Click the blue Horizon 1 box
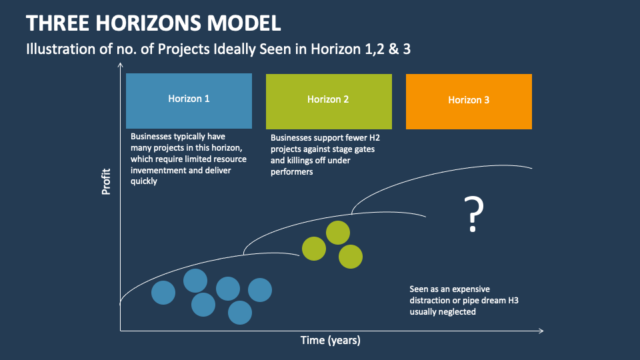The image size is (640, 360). pos(189,101)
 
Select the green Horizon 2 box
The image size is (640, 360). pos(329,101)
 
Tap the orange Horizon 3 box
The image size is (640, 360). pos(469,101)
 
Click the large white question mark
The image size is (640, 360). pos(473,214)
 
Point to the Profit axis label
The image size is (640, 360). pos(106,182)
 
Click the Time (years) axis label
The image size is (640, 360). pos(330,341)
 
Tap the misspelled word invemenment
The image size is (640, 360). pos(161,170)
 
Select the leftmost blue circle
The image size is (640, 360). pos(163,293)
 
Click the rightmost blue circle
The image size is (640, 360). pos(260,290)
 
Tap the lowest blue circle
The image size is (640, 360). pos(240,312)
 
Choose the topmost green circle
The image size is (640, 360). pos(338,233)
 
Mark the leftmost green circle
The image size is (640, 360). pos(314,249)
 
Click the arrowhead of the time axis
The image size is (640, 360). pos(541,331)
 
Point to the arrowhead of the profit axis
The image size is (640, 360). pos(121,65)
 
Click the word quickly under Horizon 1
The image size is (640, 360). pos(144,181)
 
